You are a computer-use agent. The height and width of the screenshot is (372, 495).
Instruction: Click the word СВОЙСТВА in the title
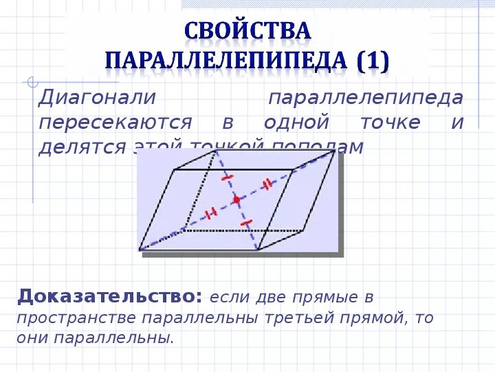click(247, 31)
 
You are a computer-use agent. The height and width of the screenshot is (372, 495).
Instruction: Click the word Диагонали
click(98, 98)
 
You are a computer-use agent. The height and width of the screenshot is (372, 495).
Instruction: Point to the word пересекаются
click(115, 123)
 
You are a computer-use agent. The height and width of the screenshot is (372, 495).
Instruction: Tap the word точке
click(390, 123)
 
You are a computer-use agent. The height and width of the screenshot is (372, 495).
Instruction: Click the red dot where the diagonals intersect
click(236, 200)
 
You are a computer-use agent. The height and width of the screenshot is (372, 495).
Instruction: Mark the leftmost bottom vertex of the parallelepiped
click(140, 249)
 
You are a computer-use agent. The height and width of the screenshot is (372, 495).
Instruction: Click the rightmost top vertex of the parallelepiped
click(335, 151)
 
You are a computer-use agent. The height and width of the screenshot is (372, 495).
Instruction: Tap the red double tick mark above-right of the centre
click(267, 185)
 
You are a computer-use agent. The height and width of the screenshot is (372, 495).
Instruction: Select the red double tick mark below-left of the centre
click(212, 212)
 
